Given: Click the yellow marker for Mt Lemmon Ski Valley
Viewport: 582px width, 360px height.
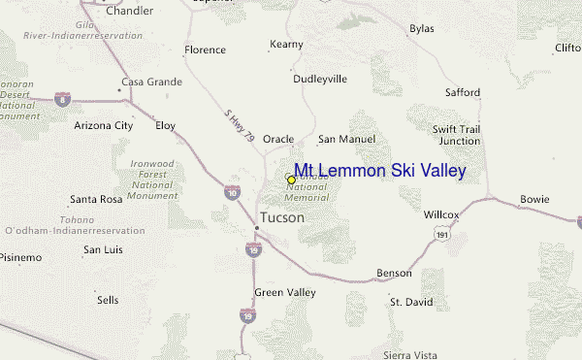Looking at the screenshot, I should tap(291, 180).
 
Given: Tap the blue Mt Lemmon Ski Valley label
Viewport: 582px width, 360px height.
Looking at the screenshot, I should tap(380, 171).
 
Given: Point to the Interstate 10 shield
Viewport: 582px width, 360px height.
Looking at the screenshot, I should tap(232, 193).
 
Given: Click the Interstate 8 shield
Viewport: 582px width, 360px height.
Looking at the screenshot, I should tap(62, 99).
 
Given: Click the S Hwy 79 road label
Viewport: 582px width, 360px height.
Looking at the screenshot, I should tap(236, 125).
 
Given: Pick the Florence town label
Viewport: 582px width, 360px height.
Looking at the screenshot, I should tap(205, 49).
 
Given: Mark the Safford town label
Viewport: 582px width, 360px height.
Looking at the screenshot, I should tap(462, 92).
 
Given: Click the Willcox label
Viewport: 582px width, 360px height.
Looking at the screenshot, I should tap(441, 213).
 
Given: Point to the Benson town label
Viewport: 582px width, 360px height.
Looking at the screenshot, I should tap(394, 274).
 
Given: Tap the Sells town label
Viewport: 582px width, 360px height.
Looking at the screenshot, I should tap(108, 300).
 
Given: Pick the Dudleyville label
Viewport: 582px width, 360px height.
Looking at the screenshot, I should tap(319, 79).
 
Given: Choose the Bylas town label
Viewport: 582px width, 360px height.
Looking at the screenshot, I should tap(421, 29).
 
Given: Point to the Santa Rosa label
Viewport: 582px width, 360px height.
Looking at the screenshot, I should tap(96, 199).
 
